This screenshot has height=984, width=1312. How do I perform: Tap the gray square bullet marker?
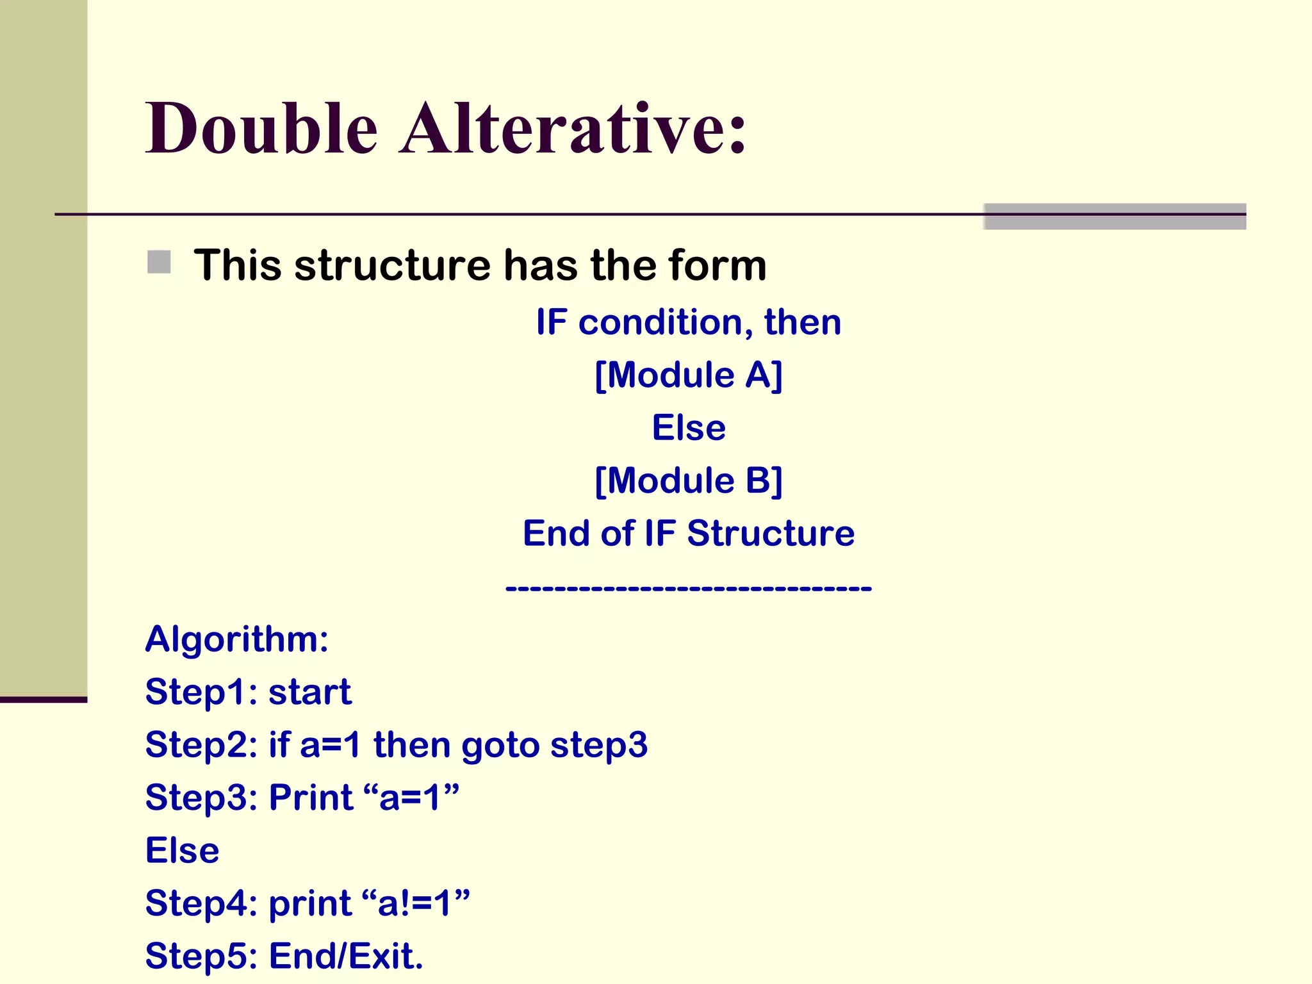click(x=159, y=262)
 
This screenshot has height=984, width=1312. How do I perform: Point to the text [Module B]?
click(x=689, y=480)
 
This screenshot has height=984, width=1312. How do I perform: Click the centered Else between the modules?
click(x=689, y=428)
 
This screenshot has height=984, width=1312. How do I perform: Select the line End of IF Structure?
click(x=689, y=534)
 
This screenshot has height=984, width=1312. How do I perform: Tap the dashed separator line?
click(x=689, y=587)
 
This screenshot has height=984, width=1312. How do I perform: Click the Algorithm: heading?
click(x=237, y=639)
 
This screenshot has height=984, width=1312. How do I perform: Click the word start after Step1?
click(x=310, y=692)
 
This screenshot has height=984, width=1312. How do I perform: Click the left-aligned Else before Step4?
click(x=183, y=851)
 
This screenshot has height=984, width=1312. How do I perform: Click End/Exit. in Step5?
click(x=346, y=956)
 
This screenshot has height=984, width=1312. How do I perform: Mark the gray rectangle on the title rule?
click(x=1115, y=217)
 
